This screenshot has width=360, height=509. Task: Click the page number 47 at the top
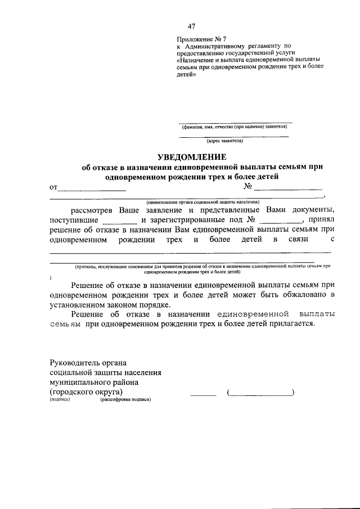click(192, 26)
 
